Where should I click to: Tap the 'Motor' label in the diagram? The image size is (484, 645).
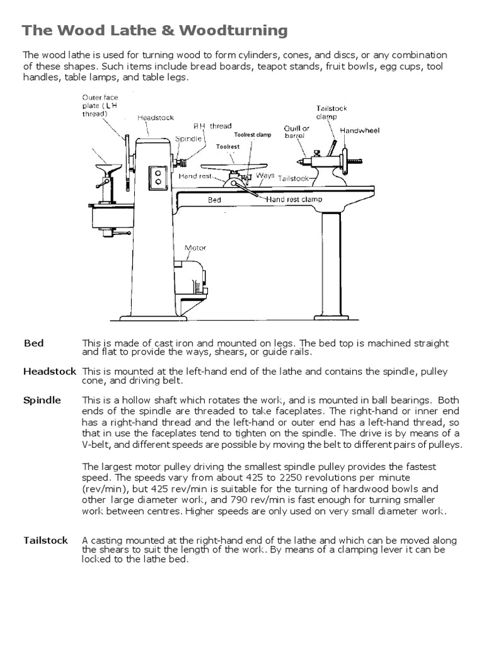coord(195,248)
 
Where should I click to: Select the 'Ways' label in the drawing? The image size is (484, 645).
coord(265,176)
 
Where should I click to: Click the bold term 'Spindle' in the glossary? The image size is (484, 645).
coord(42,401)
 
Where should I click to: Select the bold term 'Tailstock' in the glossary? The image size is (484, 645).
coord(46,540)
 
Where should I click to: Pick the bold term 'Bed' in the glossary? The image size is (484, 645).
coord(34,343)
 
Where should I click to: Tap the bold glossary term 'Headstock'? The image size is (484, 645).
coord(50,372)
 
